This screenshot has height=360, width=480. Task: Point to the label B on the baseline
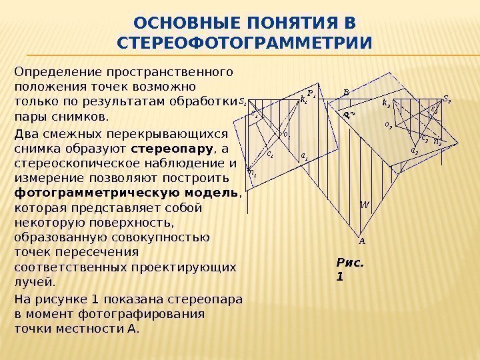[x=346, y=93]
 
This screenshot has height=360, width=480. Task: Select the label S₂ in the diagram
[x=447, y=100]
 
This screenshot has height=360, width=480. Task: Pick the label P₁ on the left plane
[x=311, y=93]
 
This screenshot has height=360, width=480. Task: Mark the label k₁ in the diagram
[x=304, y=101]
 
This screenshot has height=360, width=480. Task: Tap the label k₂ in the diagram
[x=386, y=103]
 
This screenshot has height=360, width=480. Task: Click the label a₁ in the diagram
[x=304, y=156]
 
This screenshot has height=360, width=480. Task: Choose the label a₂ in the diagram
[x=414, y=151]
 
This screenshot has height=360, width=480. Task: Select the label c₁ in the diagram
[x=269, y=153]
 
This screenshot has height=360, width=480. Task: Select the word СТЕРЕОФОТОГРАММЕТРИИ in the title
[x=245, y=44]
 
